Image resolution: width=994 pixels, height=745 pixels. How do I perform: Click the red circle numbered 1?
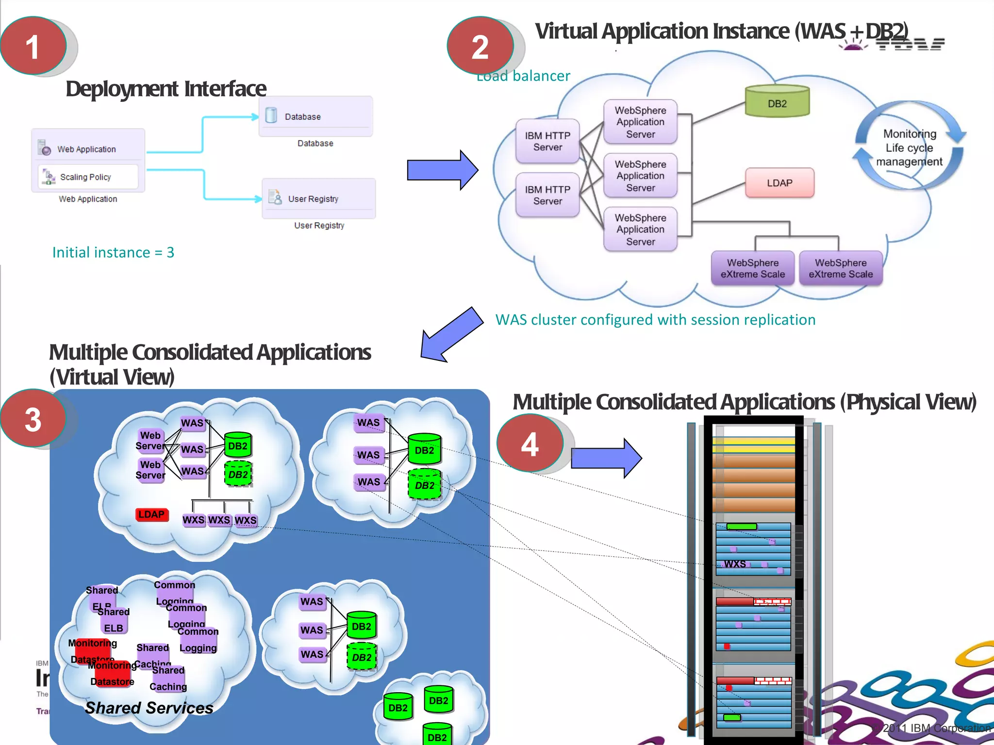pyautogui.click(x=33, y=46)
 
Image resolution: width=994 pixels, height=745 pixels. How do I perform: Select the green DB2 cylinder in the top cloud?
pyautogui.click(x=777, y=101)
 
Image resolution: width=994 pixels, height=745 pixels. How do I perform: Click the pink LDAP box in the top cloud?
pyautogui.click(x=779, y=183)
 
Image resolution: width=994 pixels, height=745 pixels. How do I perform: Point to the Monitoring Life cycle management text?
pyautogui.click(x=909, y=147)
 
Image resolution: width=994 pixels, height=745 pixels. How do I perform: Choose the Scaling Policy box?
pyautogui.click(x=88, y=177)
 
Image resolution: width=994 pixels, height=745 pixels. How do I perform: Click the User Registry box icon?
pyautogui.click(x=275, y=197)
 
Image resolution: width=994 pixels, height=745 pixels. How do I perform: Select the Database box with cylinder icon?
pyautogui.click(x=315, y=116)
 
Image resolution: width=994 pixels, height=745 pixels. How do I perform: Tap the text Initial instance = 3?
pyautogui.click(x=113, y=252)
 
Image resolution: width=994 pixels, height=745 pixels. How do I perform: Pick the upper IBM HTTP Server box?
pyautogui.click(x=547, y=141)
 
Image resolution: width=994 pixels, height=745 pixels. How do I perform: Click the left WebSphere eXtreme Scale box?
pyautogui.click(x=752, y=268)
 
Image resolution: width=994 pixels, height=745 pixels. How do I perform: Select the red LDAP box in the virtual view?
pyautogui.click(x=151, y=514)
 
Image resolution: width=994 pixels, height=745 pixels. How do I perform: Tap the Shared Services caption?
pyautogui.click(x=149, y=708)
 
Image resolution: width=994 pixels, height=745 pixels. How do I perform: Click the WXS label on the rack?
pyautogui.click(x=735, y=564)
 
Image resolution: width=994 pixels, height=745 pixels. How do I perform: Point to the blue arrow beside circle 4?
pyautogui.click(x=606, y=458)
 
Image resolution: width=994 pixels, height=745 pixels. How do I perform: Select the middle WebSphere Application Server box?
pyautogui.click(x=640, y=176)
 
